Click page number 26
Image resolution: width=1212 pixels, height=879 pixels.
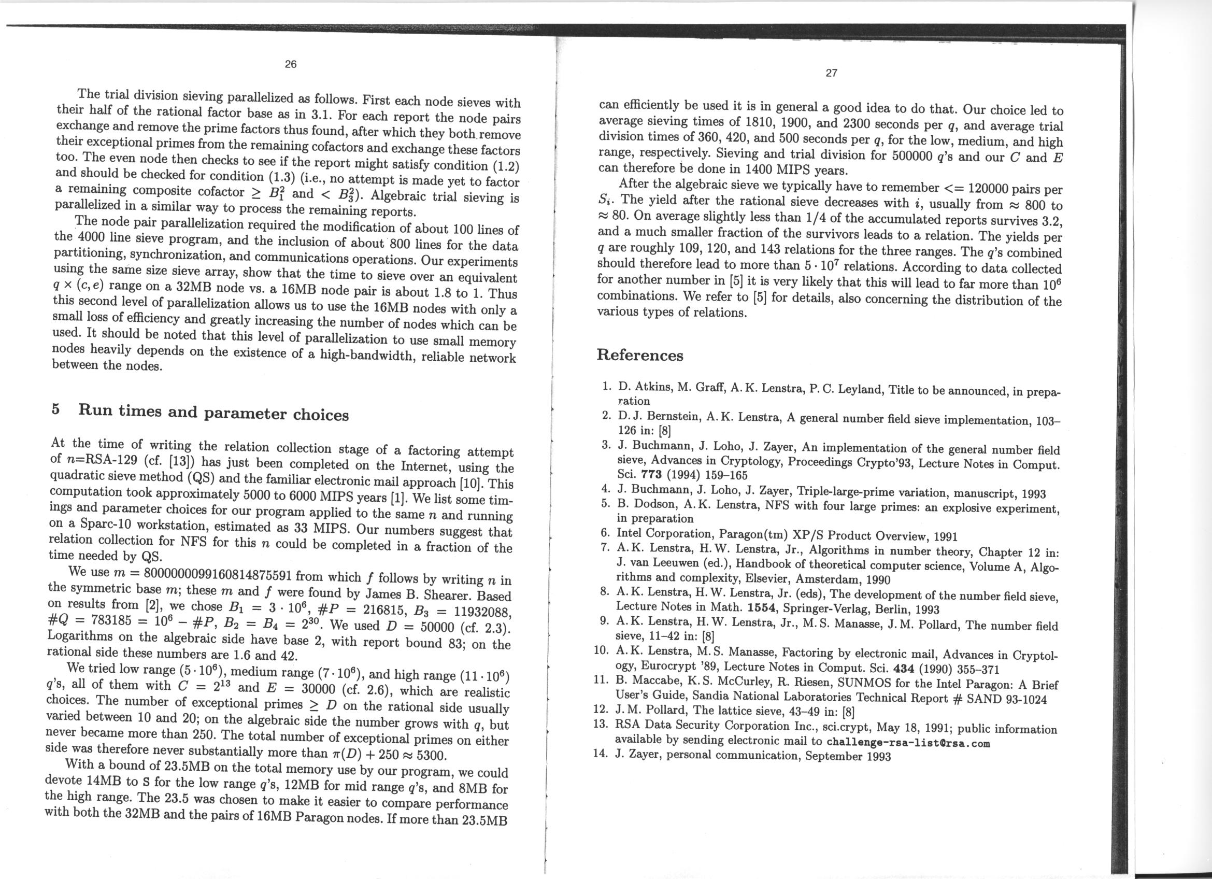290,65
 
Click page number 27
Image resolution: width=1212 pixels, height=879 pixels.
831,73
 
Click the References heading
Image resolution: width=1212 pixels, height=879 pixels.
639,356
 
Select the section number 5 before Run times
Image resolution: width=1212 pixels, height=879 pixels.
55,409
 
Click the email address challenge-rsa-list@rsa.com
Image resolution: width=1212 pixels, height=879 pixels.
908,743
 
